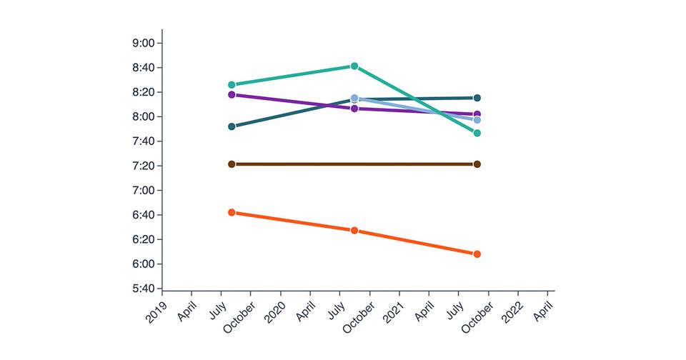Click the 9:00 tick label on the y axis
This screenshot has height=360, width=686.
click(x=144, y=43)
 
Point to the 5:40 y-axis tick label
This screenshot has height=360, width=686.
click(x=144, y=289)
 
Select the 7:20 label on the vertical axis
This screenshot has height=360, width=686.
click(x=144, y=166)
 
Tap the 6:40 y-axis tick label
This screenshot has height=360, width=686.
click(x=144, y=215)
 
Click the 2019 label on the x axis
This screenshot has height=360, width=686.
click(x=156, y=311)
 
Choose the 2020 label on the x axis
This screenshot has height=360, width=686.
click(x=275, y=311)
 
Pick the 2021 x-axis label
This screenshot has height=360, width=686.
click(x=394, y=311)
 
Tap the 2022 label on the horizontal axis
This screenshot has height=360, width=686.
click(x=512, y=311)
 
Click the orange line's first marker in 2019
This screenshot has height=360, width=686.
click(x=232, y=212)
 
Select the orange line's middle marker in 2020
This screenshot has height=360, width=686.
click(x=354, y=231)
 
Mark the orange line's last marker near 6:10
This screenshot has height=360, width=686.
click(x=477, y=254)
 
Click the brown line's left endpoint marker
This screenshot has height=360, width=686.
click(x=232, y=164)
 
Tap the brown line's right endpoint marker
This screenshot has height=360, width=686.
click(x=477, y=164)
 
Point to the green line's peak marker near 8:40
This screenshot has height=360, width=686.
click(x=354, y=66)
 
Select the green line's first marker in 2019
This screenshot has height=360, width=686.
click(x=232, y=85)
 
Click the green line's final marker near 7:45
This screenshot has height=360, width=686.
click(x=477, y=133)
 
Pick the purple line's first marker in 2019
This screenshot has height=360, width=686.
click(x=232, y=94)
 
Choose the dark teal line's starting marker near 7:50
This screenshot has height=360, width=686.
click(x=232, y=126)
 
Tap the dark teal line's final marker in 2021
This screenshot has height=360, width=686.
click(x=477, y=98)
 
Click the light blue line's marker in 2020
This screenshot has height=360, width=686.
click(x=354, y=98)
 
